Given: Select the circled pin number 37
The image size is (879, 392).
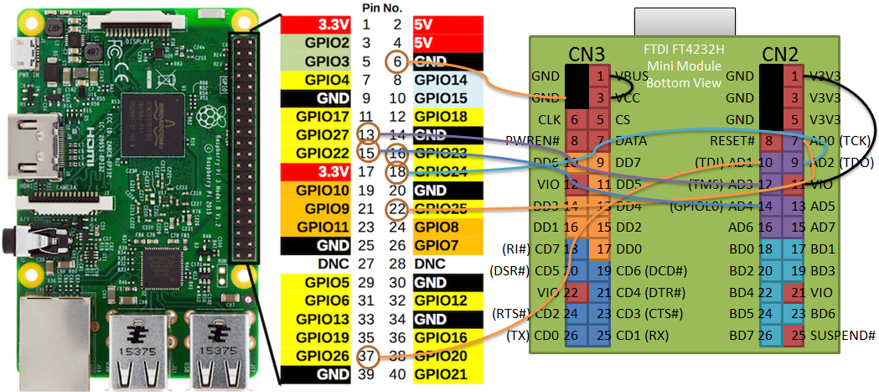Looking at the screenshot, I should click(x=366, y=355).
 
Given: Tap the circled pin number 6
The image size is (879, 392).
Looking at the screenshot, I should click(x=397, y=61).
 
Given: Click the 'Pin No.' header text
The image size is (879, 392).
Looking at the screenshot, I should click(x=382, y=8).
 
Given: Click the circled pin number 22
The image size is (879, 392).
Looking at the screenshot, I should click(x=397, y=208).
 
